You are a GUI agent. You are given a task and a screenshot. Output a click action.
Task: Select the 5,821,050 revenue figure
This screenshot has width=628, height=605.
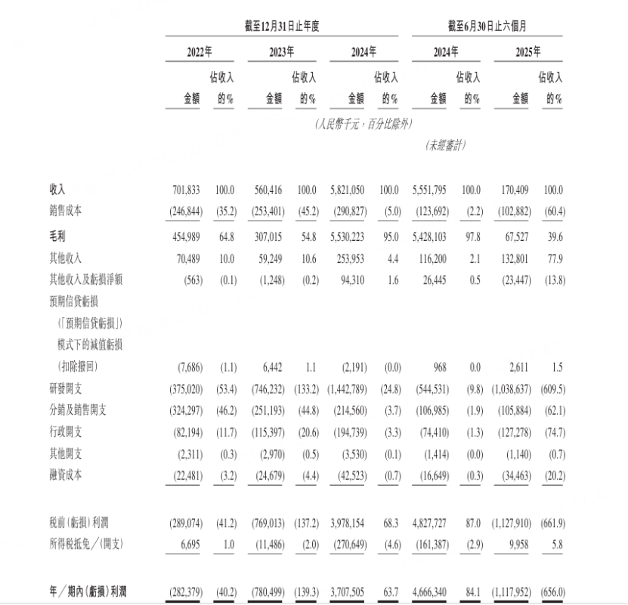(x=348, y=190)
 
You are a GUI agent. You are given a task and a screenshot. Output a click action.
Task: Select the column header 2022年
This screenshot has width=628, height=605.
(x=200, y=52)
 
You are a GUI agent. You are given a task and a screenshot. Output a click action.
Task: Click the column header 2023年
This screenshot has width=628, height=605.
(x=281, y=52)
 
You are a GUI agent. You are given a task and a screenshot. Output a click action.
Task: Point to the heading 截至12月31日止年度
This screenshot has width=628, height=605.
(x=282, y=26)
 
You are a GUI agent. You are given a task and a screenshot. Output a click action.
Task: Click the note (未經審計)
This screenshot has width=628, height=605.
(x=445, y=146)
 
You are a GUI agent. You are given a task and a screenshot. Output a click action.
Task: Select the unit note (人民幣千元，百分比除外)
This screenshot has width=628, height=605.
(x=363, y=124)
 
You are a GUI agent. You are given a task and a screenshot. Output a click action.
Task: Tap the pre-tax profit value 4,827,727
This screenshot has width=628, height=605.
(x=430, y=523)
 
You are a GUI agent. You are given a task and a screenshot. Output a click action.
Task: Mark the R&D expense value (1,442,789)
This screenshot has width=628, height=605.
(x=345, y=388)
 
